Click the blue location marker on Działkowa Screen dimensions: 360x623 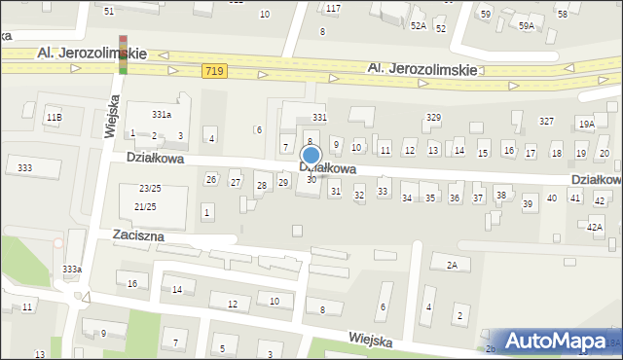(x=311, y=156)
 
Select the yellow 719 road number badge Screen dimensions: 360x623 (x=216, y=71)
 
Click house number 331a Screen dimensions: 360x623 (x=162, y=114)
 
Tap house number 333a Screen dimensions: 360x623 (x=72, y=269)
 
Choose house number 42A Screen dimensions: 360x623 (x=594, y=226)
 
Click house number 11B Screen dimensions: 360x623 (x=54, y=118)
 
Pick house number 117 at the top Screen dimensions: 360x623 (x=334, y=8)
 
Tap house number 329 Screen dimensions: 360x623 (x=433, y=117)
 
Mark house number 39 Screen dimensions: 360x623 (x=528, y=203)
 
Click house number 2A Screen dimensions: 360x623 (x=452, y=265)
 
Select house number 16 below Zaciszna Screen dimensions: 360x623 (x=132, y=282)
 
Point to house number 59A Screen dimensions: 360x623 (x=527, y=26)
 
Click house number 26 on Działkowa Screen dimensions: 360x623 (x=210, y=179)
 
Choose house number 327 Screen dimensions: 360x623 (x=546, y=122)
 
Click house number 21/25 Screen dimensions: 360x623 (x=145, y=207)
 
